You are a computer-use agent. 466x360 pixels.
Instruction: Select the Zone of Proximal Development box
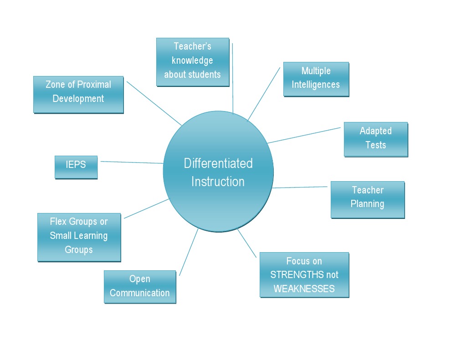[78, 94]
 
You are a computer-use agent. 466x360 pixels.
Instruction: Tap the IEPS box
[76, 167]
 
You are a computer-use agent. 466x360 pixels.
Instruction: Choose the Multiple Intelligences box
[316, 79]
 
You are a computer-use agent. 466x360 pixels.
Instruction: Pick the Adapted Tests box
[375, 139]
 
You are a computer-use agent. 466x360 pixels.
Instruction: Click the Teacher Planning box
[367, 199]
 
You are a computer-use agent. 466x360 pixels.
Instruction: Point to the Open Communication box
[140, 286]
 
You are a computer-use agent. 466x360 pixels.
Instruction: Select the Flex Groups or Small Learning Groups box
[79, 237]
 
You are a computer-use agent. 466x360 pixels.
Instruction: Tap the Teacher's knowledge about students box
[192, 62]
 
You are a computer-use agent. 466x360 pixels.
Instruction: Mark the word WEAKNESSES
[304, 289]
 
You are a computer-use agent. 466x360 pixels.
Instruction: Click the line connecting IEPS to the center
[132, 162]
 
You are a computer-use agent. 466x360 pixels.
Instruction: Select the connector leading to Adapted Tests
[304, 135]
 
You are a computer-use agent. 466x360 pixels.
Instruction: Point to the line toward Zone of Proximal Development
[154, 103]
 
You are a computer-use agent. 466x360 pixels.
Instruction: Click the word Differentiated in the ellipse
[218, 163]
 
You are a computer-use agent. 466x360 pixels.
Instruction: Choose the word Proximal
[94, 85]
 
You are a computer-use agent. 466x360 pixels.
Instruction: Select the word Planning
[367, 204]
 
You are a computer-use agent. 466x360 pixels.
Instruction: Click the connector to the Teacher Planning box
[301, 187]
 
